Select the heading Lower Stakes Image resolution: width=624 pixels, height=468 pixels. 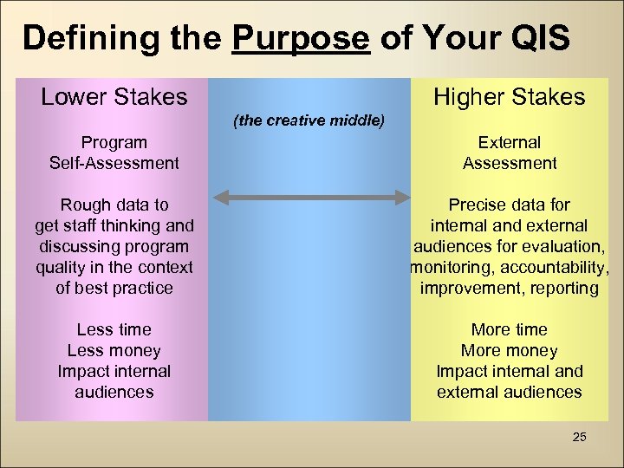[114, 96]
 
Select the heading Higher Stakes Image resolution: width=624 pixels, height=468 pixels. [509, 96]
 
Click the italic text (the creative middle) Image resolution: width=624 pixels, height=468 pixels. [309, 120]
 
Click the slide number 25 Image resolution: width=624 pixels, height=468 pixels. [579, 437]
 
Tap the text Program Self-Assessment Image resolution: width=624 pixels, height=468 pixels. [114, 153]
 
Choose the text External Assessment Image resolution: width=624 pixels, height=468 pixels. [509, 153]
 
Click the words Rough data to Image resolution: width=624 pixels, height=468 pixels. [114, 205]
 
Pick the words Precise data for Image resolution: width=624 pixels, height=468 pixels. [509, 205]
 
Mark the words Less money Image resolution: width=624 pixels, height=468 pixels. [114, 351]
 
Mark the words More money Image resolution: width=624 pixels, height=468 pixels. [509, 351]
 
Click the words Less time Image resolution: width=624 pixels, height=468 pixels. [114, 330]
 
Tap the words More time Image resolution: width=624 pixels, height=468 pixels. [509, 330]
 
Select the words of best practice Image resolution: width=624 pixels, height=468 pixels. [114, 289]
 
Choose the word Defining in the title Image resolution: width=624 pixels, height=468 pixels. [80, 38]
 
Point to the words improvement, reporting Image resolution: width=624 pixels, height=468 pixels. [509, 289]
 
